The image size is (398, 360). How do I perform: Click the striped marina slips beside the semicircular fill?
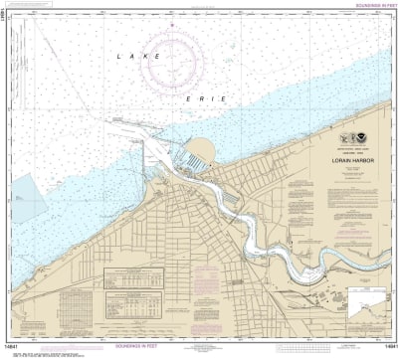click(x=183, y=159)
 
